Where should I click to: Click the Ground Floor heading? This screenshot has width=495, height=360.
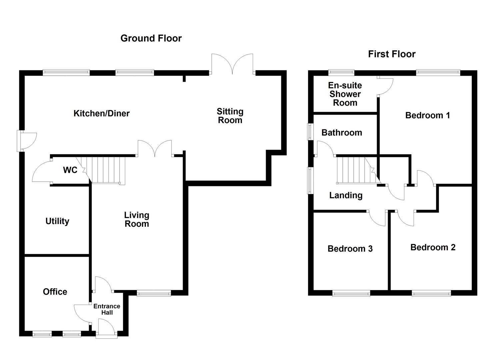click(x=151, y=38)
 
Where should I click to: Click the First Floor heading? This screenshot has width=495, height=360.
click(x=392, y=54)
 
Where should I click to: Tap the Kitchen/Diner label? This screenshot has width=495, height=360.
click(x=101, y=113)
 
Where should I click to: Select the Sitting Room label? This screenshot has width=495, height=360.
click(x=230, y=116)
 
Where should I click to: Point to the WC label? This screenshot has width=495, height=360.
click(x=70, y=170)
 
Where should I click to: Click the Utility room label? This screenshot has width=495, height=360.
click(x=57, y=221)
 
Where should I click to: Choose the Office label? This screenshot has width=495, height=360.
click(x=55, y=292)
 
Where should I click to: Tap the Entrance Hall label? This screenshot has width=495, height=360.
click(x=107, y=309)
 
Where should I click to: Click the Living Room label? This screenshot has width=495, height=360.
click(x=137, y=219)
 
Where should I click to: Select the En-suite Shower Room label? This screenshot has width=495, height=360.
click(x=345, y=94)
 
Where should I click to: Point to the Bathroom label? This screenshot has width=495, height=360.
click(x=342, y=133)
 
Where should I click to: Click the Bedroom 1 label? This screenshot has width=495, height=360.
click(x=427, y=115)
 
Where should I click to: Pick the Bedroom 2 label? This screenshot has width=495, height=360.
click(x=433, y=247)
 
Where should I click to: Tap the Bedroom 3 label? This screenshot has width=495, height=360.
click(x=350, y=249)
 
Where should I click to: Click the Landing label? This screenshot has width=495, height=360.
click(x=346, y=195)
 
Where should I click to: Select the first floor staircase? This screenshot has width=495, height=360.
click(x=357, y=170)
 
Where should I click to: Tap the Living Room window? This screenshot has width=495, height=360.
click(x=154, y=293)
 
